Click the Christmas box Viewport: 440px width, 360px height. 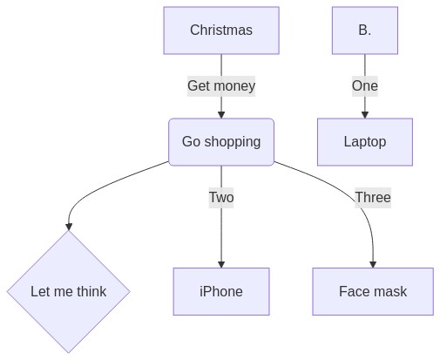[x=221, y=31]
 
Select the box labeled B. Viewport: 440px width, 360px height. [x=365, y=31]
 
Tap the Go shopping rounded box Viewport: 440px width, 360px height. [x=221, y=142]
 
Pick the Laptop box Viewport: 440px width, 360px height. [x=365, y=142]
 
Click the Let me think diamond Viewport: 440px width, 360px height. [x=69, y=291]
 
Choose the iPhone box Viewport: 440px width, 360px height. [x=221, y=291]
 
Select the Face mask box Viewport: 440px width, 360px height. [x=373, y=291]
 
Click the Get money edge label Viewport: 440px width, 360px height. [x=221, y=86]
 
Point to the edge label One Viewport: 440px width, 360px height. [x=365, y=86]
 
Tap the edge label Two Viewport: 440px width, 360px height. [x=221, y=198]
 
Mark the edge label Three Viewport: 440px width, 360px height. [x=373, y=198]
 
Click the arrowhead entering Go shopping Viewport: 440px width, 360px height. [x=221, y=115]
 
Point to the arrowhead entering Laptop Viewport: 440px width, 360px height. [x=365, y=115]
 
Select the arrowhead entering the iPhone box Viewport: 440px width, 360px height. [x=221, y=264]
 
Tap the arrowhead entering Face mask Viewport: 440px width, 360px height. [x=373, y=264]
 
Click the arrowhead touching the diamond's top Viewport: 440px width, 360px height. [x=69, y=227]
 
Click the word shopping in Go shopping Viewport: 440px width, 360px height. [x=233, y=142]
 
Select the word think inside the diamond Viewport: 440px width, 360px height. [x=91, y=291]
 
